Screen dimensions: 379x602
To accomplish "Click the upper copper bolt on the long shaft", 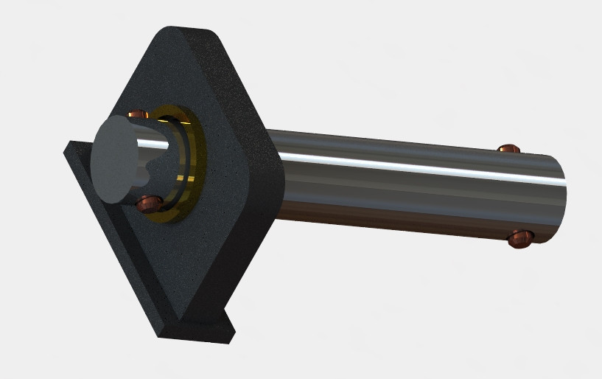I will (508, 150).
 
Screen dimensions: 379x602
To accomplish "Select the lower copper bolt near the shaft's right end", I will (520, 238).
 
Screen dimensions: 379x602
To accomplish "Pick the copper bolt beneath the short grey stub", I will (150, 203).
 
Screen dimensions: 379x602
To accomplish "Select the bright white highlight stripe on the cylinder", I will (413, 164).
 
